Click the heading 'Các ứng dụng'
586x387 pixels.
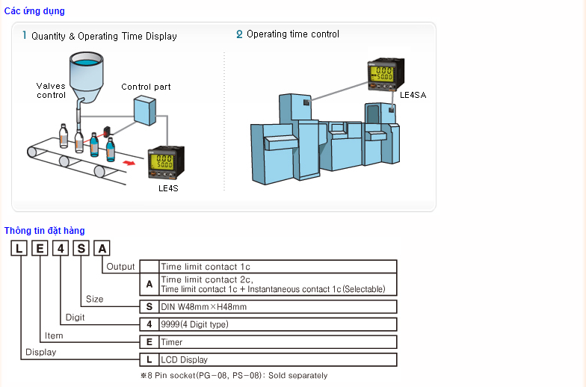click(34, 11)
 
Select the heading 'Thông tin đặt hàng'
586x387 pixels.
click(44, 231)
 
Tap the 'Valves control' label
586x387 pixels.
click(51, 90)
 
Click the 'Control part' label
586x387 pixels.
click(146, 87)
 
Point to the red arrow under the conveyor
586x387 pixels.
click(131, 161)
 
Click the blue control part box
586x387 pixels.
click(145, 111)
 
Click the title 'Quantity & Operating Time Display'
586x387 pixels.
click(104, 36)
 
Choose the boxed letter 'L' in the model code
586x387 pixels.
click(18, 248)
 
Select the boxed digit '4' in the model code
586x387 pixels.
click(60, 248)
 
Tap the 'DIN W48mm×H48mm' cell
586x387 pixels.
click(203, 306)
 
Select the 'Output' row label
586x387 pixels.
click(120, 267)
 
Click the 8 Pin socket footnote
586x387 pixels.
click(234, 376)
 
